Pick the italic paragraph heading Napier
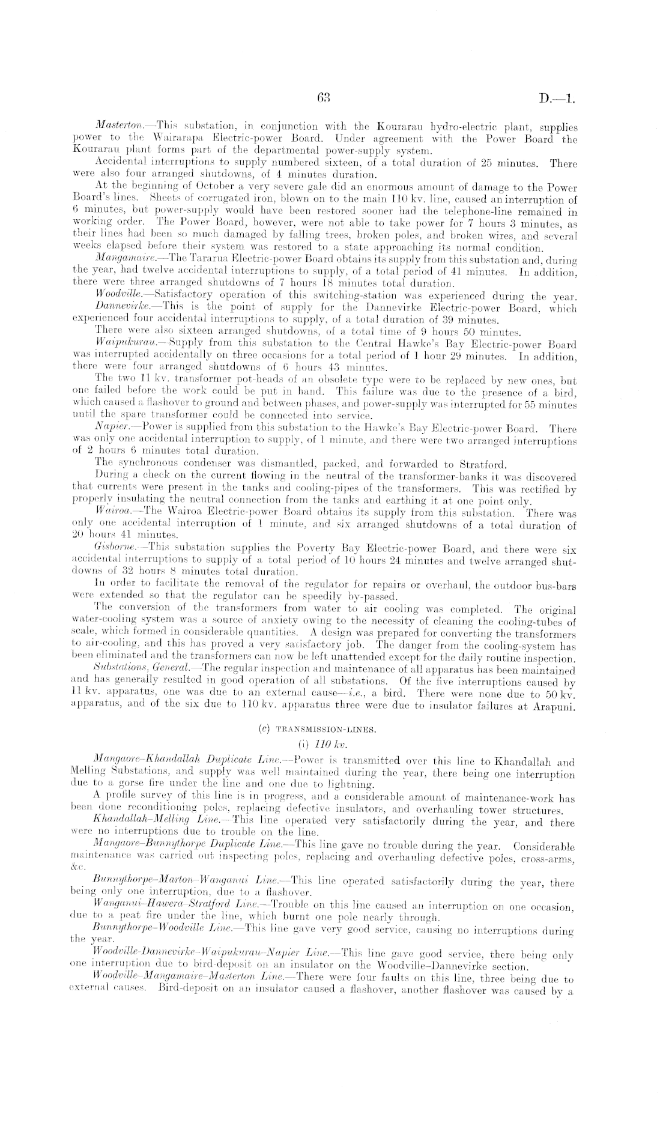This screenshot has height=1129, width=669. click(x=110, y=429)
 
